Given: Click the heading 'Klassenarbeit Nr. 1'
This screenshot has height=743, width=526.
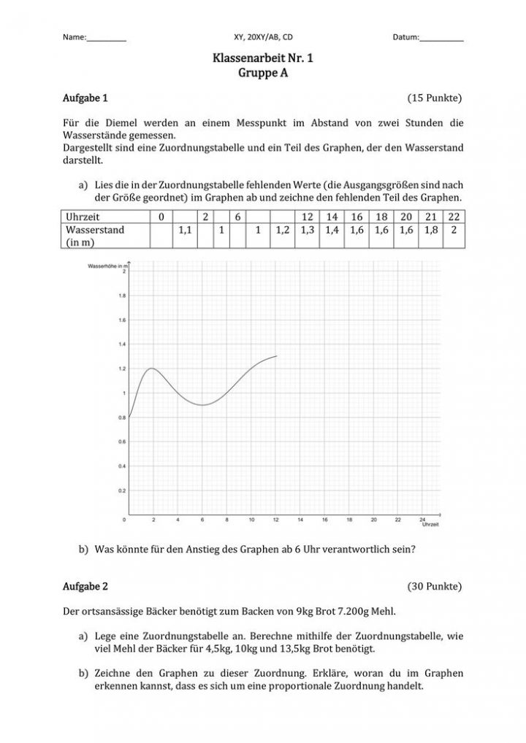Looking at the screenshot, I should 262,58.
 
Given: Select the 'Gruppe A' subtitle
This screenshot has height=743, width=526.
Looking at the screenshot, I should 262,72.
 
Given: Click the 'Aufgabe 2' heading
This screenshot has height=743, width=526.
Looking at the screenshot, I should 85,586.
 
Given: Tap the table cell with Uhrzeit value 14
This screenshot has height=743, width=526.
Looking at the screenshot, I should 332,217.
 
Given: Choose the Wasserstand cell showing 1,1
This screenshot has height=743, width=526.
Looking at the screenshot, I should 184,229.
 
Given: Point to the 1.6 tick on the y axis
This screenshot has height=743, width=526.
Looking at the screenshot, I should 121,320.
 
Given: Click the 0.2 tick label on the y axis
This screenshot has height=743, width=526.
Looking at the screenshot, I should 121,491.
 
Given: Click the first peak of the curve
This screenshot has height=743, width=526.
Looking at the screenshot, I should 152,368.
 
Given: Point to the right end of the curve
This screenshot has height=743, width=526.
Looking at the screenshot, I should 277,356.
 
